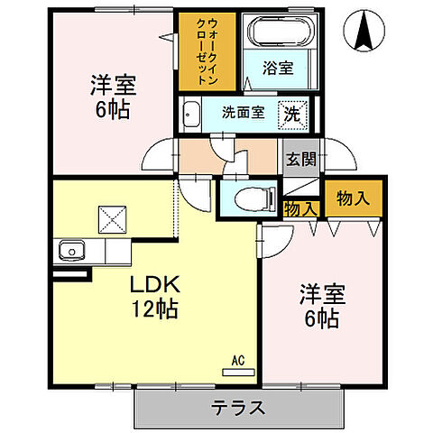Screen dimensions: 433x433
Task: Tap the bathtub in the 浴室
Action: pos(281,36)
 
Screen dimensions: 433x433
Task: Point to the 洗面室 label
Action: pos(244,115)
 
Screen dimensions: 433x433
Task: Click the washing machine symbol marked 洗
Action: pos(293,115)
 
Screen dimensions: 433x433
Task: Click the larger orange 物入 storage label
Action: pos(354,198)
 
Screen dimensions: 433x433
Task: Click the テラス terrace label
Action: pos(239,408)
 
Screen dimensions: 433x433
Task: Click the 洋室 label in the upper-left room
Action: pos(112,86)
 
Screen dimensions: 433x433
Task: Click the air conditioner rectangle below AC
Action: pos(239,371)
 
